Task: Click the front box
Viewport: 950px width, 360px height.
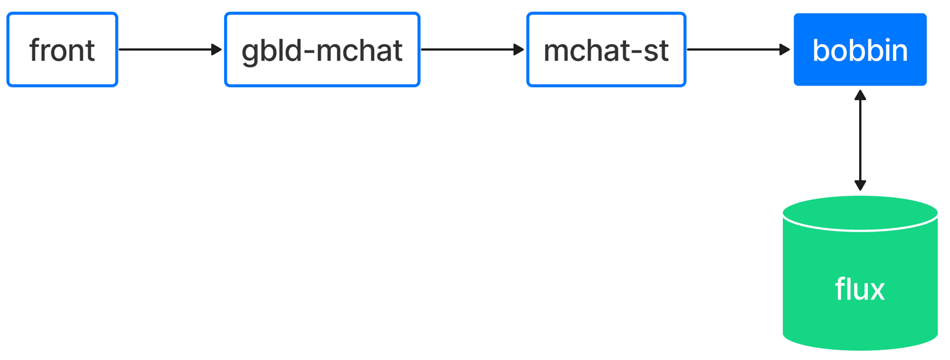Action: pyautogui.click(x=62, y=50)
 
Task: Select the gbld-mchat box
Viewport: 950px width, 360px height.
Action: pyautogui.click(x=323, y=50)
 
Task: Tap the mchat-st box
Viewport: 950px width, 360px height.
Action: pyautogui.click(x=606, y=50)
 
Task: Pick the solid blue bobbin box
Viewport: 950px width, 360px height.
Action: pyautogui.click(x=860, y=50)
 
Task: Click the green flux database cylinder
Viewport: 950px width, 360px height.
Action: pyautogui.click(x=860, y=273)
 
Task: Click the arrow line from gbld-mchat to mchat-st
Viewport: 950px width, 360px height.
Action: pyautogui.click(x=473, y=50)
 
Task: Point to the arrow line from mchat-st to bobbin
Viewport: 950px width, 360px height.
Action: pyautogui.click(x=738, y=50)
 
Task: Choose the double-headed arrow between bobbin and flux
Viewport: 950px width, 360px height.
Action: pyautogui.click(x=860, y=140)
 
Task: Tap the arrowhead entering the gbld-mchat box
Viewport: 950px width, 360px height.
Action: pyautogui.click(x=217, y=50)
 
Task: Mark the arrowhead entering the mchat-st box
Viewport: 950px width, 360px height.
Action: pyautogui.click(x=519, y=50)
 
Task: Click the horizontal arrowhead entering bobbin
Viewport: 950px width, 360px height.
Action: pyautogui.click(x=785, y=50)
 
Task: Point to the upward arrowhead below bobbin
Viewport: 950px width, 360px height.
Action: pyautogui.click(x=860, y=95)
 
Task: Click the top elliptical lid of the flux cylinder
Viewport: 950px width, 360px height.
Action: pyautogui.click(x=860, y=213)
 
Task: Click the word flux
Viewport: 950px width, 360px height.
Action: pyautogui.click(x=860, y=289)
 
